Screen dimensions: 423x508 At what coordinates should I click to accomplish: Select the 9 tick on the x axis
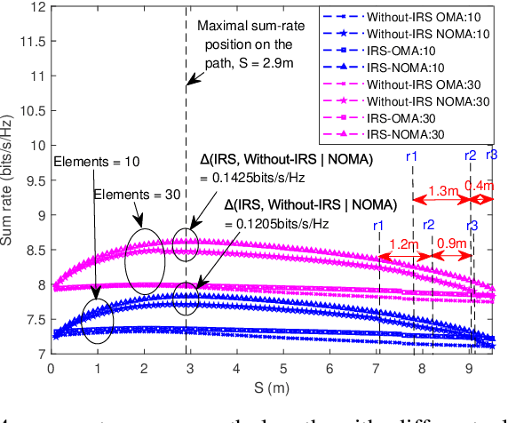click(x=470, y=368)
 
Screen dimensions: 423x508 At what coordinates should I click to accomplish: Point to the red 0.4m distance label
click(x=484, y=185)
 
